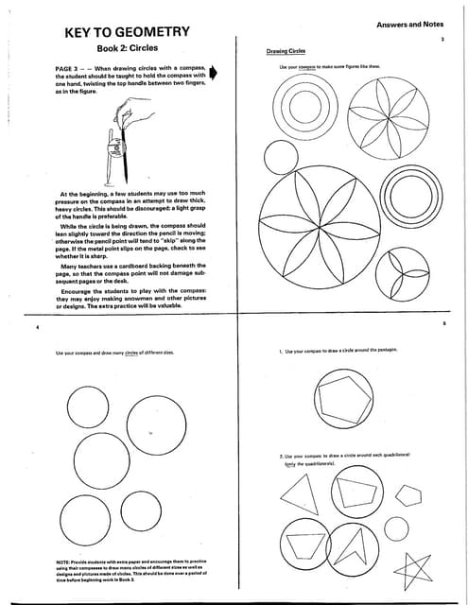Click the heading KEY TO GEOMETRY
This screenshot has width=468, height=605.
128,32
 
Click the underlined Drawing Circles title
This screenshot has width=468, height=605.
284,50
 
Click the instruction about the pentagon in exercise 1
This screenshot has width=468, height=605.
338,350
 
